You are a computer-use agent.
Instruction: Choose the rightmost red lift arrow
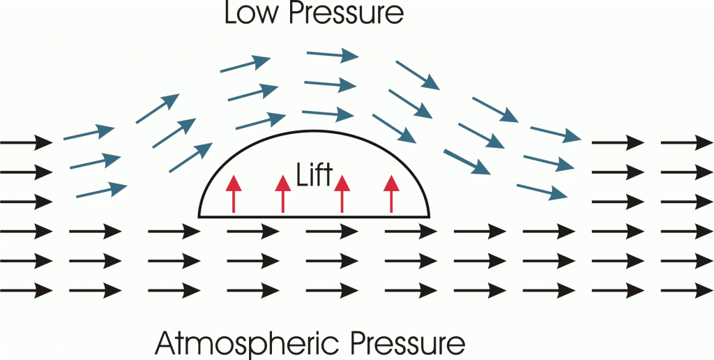[x=391, y=194]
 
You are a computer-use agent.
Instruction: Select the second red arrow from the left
[x=282, y=194]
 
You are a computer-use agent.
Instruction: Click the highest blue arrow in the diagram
[x=333, y=54]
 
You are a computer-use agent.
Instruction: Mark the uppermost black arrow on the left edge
[x=26, y=144]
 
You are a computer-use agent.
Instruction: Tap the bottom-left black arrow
[x=26, y=287]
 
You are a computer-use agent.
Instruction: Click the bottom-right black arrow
[x=688, y=287]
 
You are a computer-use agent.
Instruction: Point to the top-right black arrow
[x=688, y=144]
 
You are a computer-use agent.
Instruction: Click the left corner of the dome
[x=200, y=216]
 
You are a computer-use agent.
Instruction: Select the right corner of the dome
[x=428, y=216]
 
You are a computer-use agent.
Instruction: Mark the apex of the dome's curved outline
[x=314, y=132]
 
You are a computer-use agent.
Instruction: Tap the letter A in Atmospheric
[x=166, y=343]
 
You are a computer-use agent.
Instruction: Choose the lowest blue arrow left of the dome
[x=102, y=190]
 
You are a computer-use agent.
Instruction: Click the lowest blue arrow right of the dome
[x=541, y=190]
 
